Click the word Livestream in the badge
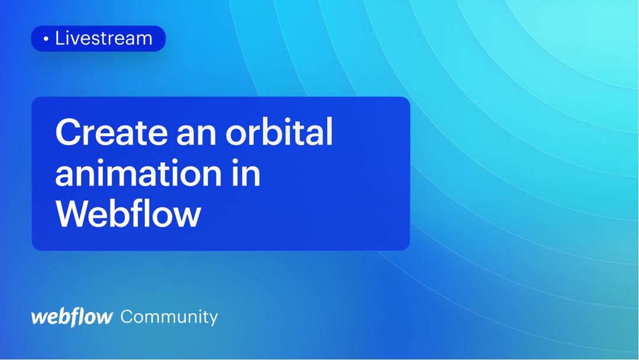104,38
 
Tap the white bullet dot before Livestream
46,39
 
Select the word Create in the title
111,133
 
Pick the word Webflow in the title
128,214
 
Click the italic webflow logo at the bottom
72,317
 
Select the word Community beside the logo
169,317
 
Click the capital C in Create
68,134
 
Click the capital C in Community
127,317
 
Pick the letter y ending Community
212,319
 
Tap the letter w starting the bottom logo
38,317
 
